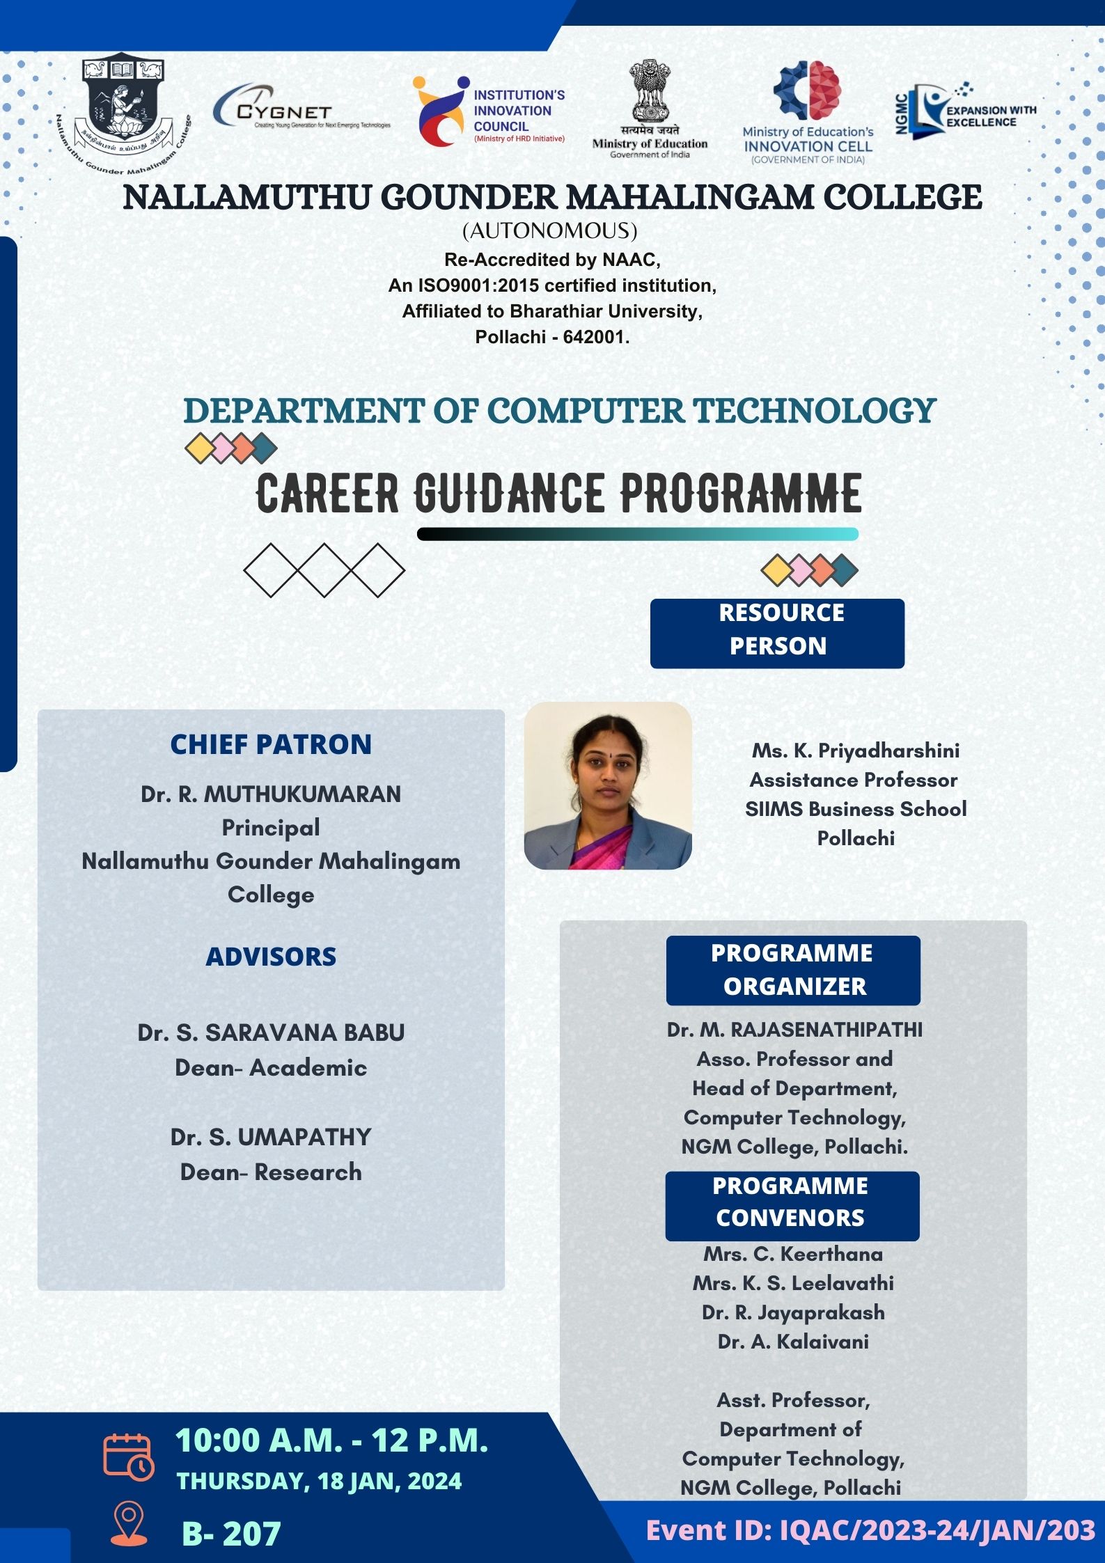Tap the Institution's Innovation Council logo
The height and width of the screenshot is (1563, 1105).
coord(489,111)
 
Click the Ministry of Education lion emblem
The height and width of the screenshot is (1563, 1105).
coord(650,91)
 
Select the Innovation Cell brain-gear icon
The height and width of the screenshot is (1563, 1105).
coord(808,90)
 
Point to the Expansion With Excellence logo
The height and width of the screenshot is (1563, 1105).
coord(966,111)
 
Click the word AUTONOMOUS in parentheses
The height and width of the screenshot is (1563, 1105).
coord(550,230)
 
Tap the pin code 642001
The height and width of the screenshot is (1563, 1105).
coord(595,337)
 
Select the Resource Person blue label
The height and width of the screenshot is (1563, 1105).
coord(777,633)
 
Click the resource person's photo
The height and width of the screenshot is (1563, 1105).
coord(608,785)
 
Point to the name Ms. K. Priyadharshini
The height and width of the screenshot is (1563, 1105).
coord(855,751)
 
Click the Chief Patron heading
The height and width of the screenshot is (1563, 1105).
coord(271,744)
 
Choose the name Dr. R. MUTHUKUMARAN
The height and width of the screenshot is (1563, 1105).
coord(271,794)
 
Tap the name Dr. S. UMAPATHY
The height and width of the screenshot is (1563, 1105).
coord(271,1137)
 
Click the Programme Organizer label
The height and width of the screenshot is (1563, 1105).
coord(793,970)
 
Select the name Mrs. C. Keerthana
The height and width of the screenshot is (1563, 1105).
coord(793,1254)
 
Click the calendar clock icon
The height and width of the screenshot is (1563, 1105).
coord(129,1455)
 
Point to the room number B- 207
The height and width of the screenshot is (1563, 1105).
coord(231,1533)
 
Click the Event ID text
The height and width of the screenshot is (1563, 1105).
coord(870,1530)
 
